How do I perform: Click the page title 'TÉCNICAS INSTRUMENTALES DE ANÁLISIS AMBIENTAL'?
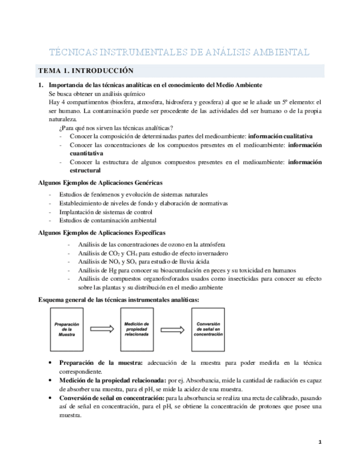179,52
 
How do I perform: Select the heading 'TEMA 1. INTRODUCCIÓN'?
85,71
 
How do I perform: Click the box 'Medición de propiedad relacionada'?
137,329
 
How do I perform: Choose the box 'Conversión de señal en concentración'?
208,329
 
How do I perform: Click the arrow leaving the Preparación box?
102,329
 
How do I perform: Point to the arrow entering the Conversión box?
173,329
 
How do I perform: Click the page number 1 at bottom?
320,441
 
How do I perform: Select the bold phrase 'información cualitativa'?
280,135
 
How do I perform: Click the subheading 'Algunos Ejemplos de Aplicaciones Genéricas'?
99,182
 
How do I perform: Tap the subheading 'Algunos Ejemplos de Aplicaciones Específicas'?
101,233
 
